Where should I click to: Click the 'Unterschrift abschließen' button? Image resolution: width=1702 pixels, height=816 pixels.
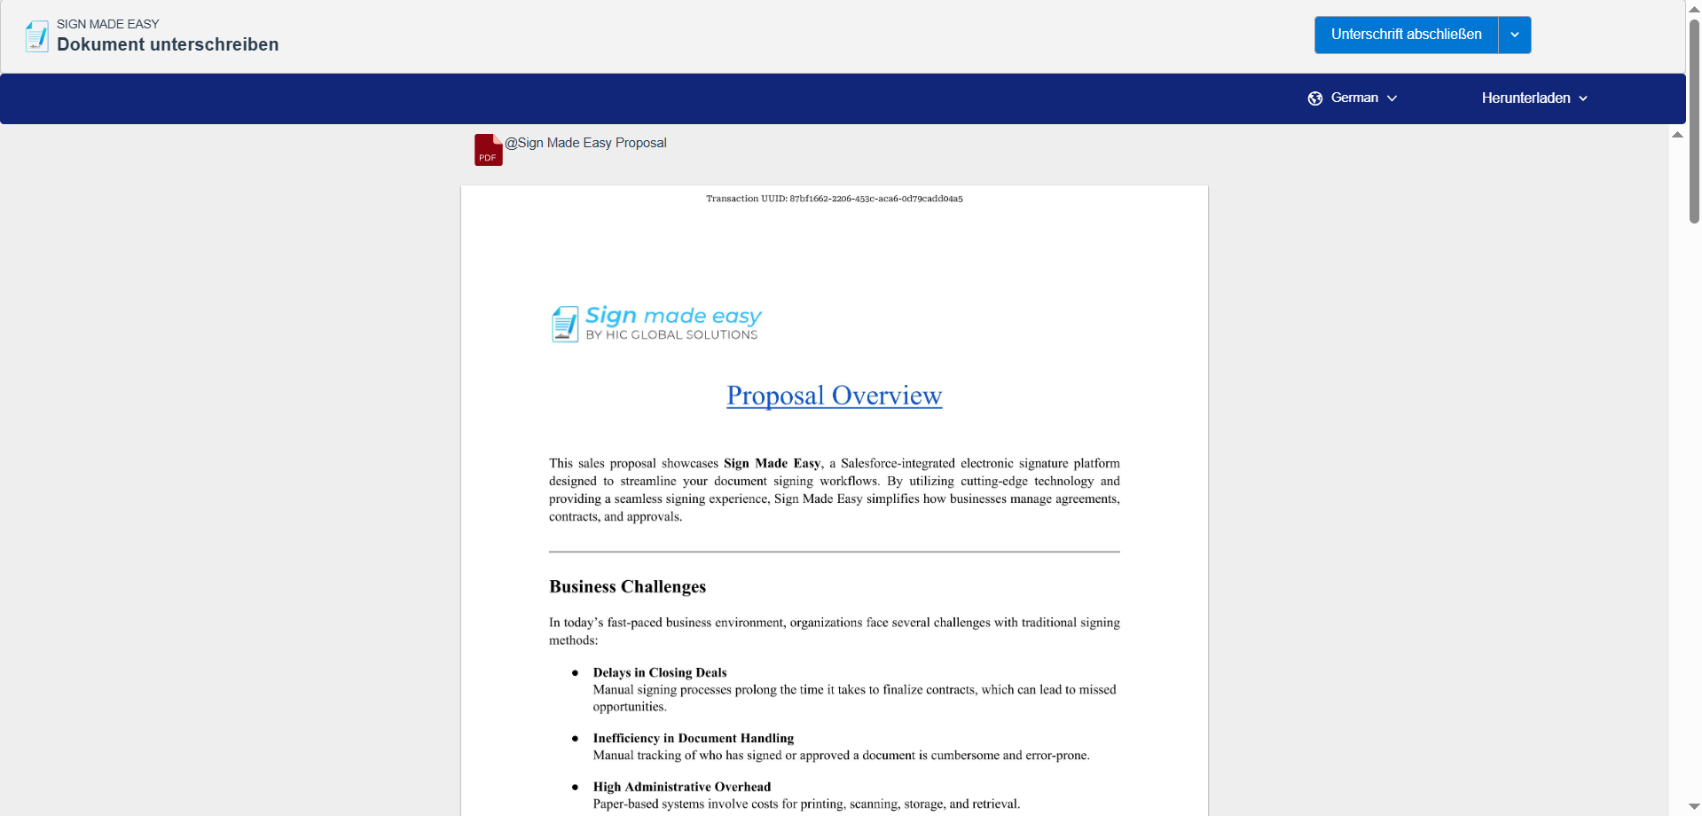point(1406,35)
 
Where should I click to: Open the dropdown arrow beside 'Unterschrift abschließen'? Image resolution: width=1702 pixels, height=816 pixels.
point(1515,35)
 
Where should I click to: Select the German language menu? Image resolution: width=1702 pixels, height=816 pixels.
point(1353,98)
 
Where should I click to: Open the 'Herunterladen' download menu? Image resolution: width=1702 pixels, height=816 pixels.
point(1533,98)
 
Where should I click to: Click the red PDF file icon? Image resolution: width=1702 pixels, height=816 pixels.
point(488,150)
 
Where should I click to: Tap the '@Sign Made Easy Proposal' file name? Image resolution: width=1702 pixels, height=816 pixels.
point(585,143)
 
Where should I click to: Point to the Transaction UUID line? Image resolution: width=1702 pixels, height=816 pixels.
point(834,199)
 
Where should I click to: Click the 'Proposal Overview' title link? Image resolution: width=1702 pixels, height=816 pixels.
point(834,396)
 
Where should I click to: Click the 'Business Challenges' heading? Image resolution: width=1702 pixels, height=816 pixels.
point(627,586)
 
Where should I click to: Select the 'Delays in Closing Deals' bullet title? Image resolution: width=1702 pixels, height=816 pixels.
point(660,672)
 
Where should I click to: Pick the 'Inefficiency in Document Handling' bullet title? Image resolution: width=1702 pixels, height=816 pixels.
point(693,738)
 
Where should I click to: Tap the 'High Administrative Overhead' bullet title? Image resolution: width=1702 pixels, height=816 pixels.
point(681,787)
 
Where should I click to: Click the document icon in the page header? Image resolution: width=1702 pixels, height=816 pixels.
point(37,35)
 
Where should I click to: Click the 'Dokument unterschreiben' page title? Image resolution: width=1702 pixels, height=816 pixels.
point(168,44)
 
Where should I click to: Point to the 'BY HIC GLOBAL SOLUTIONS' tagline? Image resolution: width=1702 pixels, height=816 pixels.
point(671,335)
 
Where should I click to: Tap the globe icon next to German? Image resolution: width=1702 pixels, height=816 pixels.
point(1315,98)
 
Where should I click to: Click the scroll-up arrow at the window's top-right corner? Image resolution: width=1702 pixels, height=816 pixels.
point(1694,8)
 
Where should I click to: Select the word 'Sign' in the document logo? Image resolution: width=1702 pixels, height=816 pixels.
point(611,315)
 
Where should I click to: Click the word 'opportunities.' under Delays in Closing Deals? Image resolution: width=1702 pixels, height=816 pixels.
point(629,707)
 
